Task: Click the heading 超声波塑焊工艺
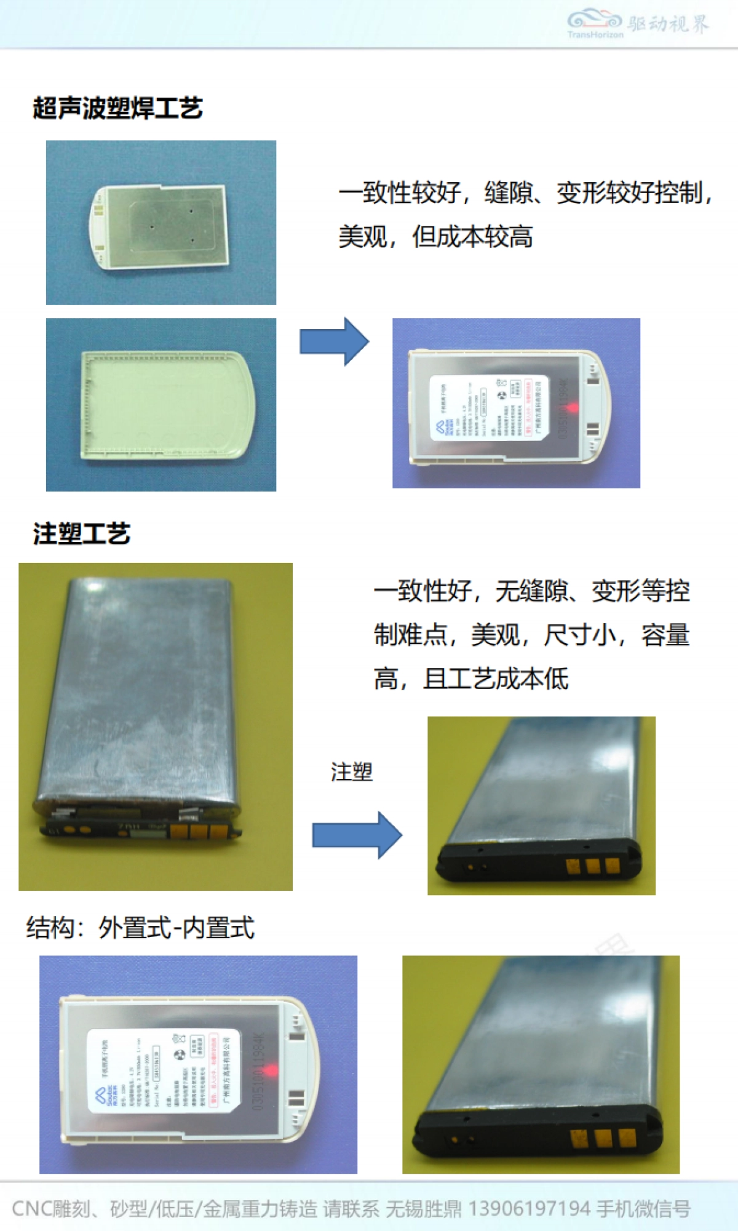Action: [x=117, y=108]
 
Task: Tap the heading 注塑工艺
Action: [x=82, y=533]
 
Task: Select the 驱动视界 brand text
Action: [x=668, y=23]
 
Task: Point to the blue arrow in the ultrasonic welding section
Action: [x=334, y=341]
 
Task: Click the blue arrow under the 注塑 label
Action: [x=357, y=835]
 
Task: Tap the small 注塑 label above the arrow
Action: [x=352, y=771]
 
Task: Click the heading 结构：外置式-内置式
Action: [x=140, y=928]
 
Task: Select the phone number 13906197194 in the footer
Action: [x=529, y=1209]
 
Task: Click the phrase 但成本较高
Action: [x=472, y=237]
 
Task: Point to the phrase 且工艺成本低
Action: [x=496, y=679]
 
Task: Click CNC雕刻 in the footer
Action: [x=50, y=1209]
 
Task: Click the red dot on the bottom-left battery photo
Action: [x=270, y=1070]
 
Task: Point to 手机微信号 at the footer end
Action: [x=643, y=1209]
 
